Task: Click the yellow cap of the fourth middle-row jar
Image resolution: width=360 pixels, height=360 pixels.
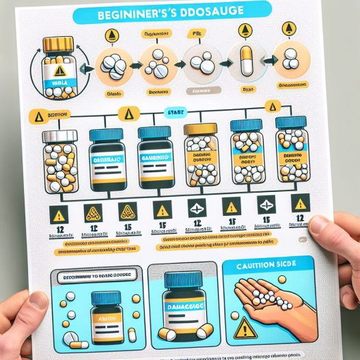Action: coord(200,128)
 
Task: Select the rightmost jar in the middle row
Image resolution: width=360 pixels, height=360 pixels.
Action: coord(292,150)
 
